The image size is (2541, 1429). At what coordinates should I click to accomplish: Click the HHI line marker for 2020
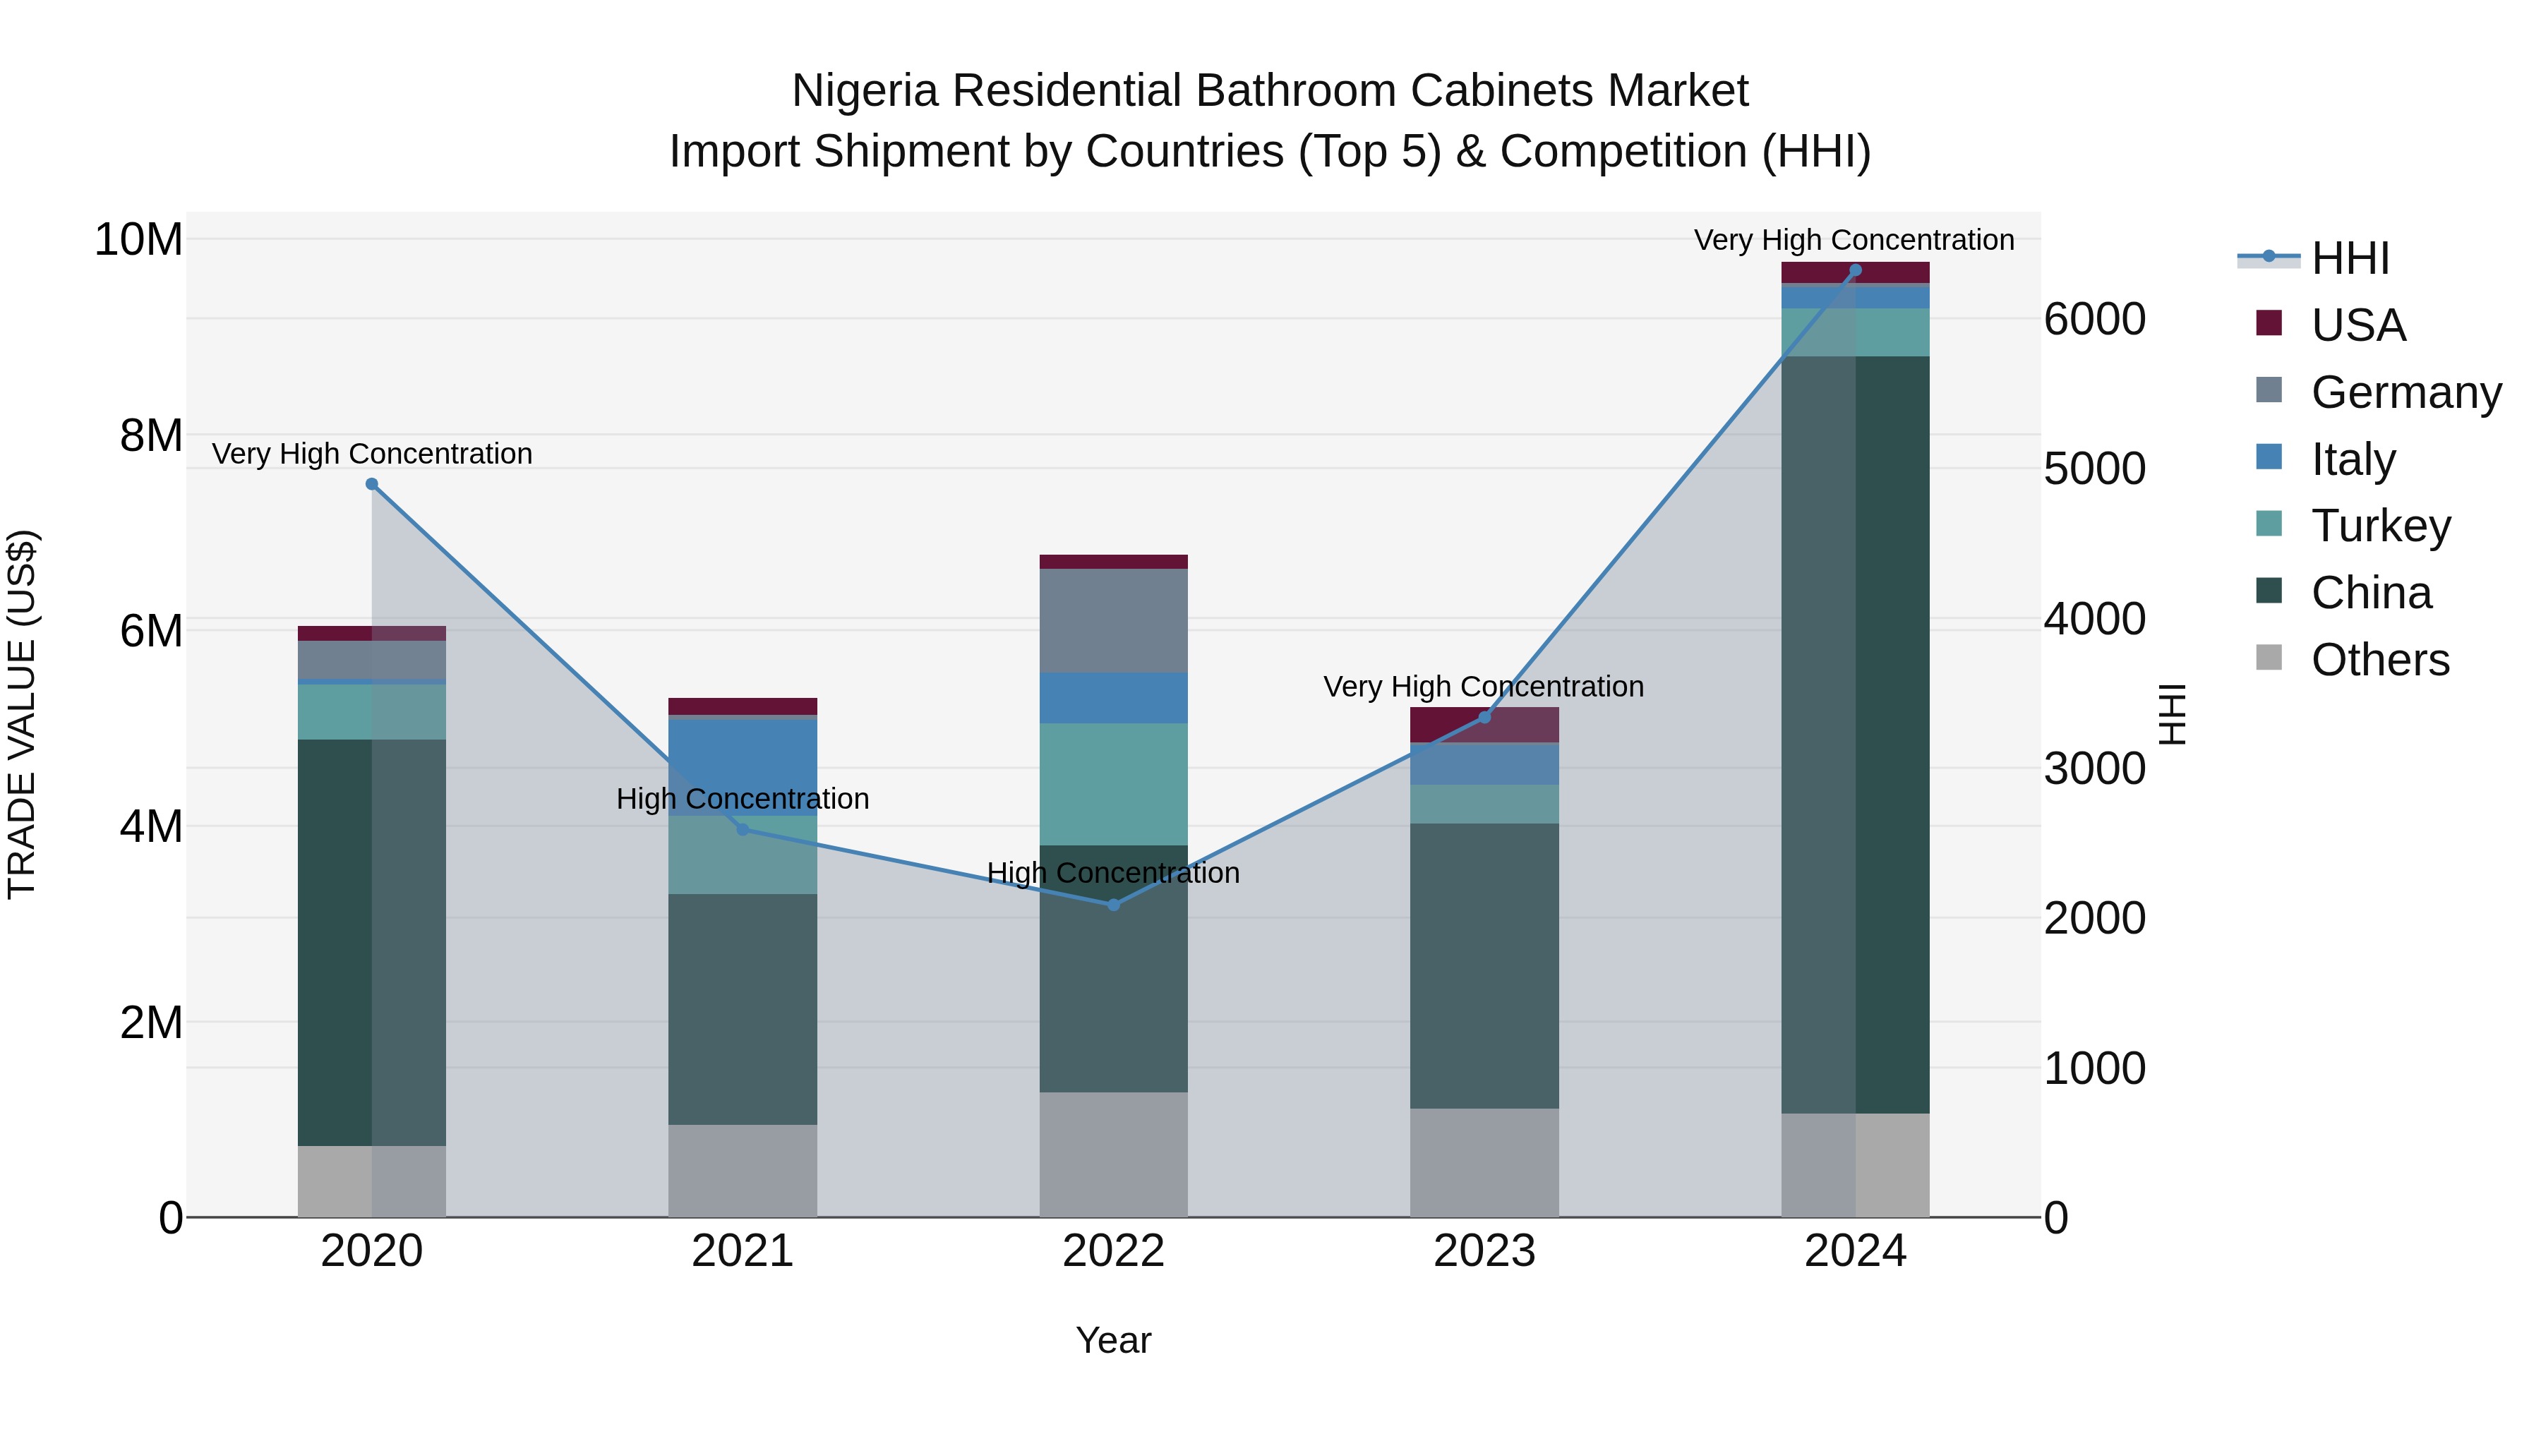click(x=372, y=484)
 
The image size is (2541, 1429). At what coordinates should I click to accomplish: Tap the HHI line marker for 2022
click(x=1114, y=905)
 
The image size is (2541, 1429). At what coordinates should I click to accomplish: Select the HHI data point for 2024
click(x=1856, y=270)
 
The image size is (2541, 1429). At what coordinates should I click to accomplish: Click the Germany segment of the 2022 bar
click(x=1114, y=620)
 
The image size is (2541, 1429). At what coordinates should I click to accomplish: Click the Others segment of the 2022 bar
click(x=1114, y=1154)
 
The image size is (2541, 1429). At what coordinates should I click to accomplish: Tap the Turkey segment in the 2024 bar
click(x=1856, y=332)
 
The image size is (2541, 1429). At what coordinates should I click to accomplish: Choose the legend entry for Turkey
click(x=2380, y=526)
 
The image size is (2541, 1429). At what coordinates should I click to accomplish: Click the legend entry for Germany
click(x=2405, y=392)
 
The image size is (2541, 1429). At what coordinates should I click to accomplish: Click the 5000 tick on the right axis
click(x=2094, y=469)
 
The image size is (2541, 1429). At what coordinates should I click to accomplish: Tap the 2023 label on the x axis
click(x=1484, y=1251)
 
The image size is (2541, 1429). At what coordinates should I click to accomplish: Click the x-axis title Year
click(x=1114, y=1340)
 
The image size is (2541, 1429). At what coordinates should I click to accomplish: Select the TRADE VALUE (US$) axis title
click(x=23, y=714)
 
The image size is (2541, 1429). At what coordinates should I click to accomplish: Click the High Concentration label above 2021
click(x=743, y=798)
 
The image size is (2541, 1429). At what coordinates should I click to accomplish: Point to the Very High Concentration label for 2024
click(x=1854, y=240)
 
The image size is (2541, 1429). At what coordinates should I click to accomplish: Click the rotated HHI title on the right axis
click(x=2172, y=714)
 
